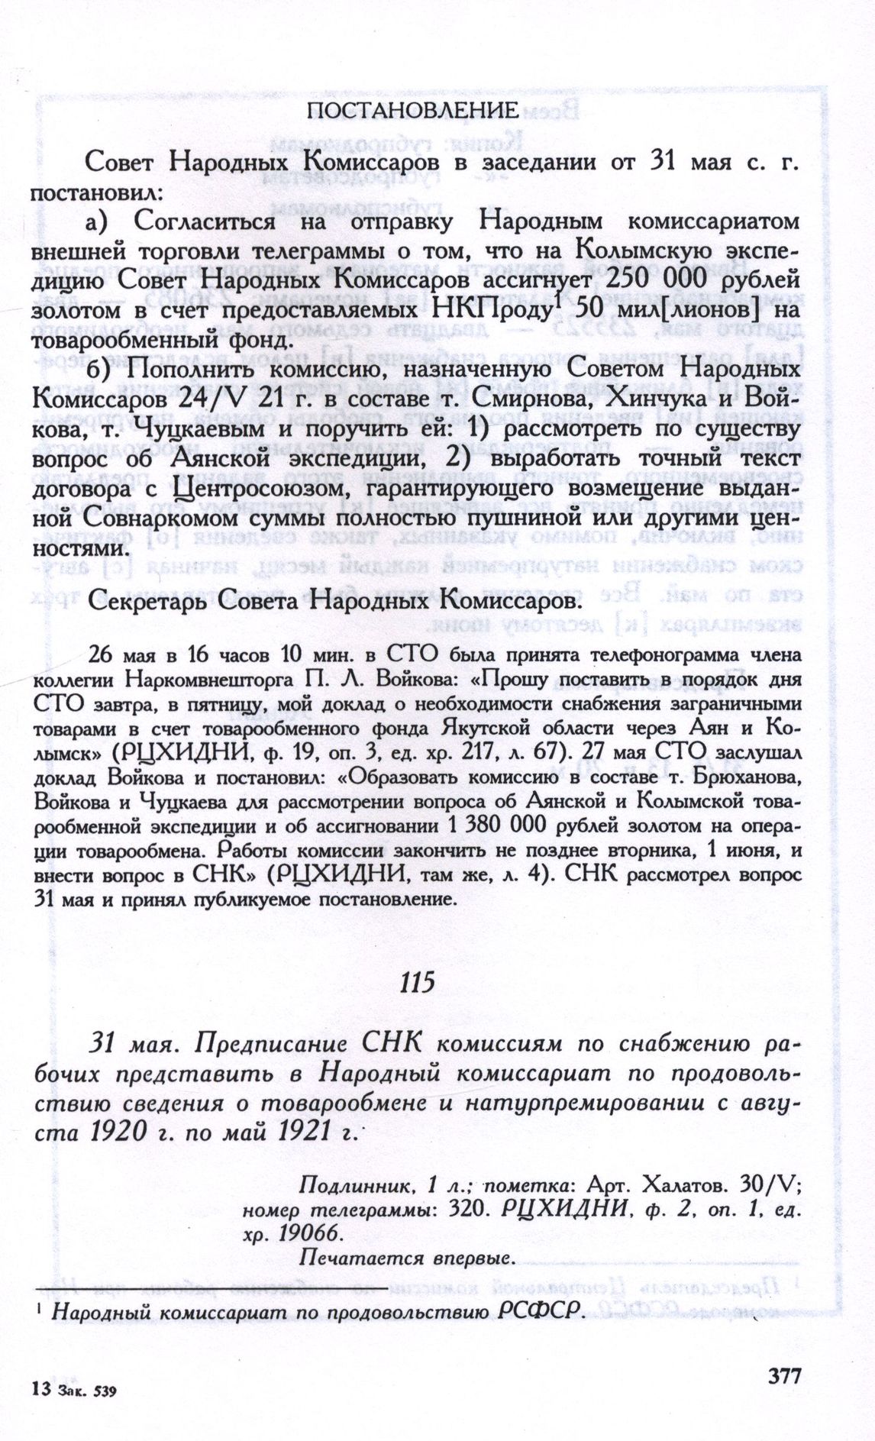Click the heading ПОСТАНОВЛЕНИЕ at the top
pos(413,111)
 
